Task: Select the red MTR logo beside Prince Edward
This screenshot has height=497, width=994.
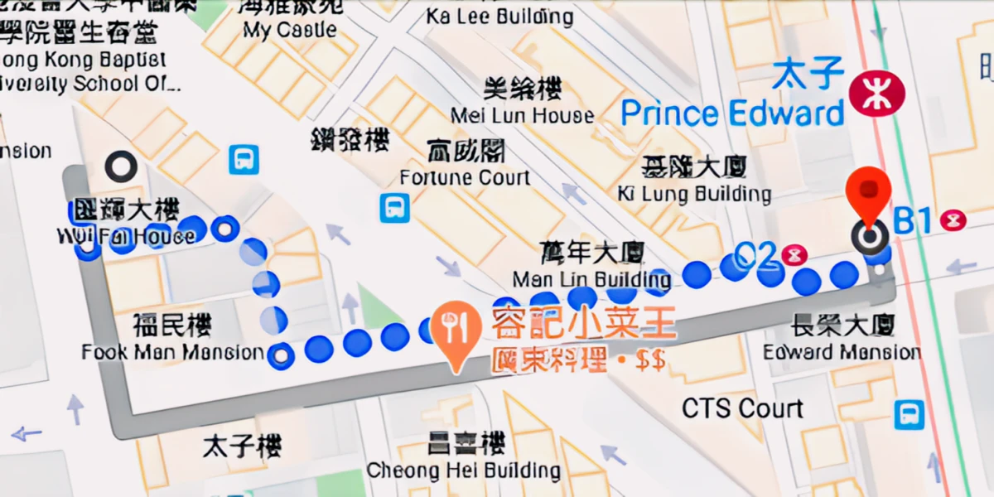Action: [872, 93]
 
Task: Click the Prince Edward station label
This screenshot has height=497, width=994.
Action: [732, 113]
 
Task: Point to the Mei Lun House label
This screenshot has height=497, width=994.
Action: [522, 115]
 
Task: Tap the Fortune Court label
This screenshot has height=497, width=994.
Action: [464, 177]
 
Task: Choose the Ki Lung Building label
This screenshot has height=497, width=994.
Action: [694, 194]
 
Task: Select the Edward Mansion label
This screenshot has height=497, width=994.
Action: [842, 351]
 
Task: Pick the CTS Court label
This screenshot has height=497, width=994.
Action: [742, 408]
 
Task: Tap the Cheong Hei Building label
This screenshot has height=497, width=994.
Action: [464, 470]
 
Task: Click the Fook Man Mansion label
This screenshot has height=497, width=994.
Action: [172, 352]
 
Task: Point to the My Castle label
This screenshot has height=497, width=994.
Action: [290, 31]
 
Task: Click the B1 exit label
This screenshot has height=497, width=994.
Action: [913, 221]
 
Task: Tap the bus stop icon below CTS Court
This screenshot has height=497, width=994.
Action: [909, 414]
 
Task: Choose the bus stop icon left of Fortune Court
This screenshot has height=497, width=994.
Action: [394, 208]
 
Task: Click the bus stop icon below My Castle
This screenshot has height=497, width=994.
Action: [244, 158]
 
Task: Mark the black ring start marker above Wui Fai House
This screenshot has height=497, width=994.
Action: [121, 166]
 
